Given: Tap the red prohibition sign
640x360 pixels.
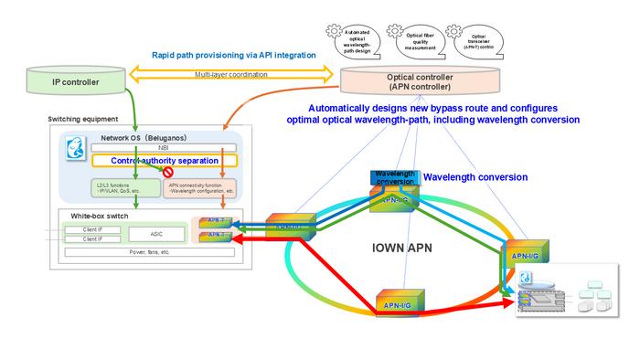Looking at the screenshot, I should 167,171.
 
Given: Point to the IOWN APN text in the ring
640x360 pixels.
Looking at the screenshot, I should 402,248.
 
